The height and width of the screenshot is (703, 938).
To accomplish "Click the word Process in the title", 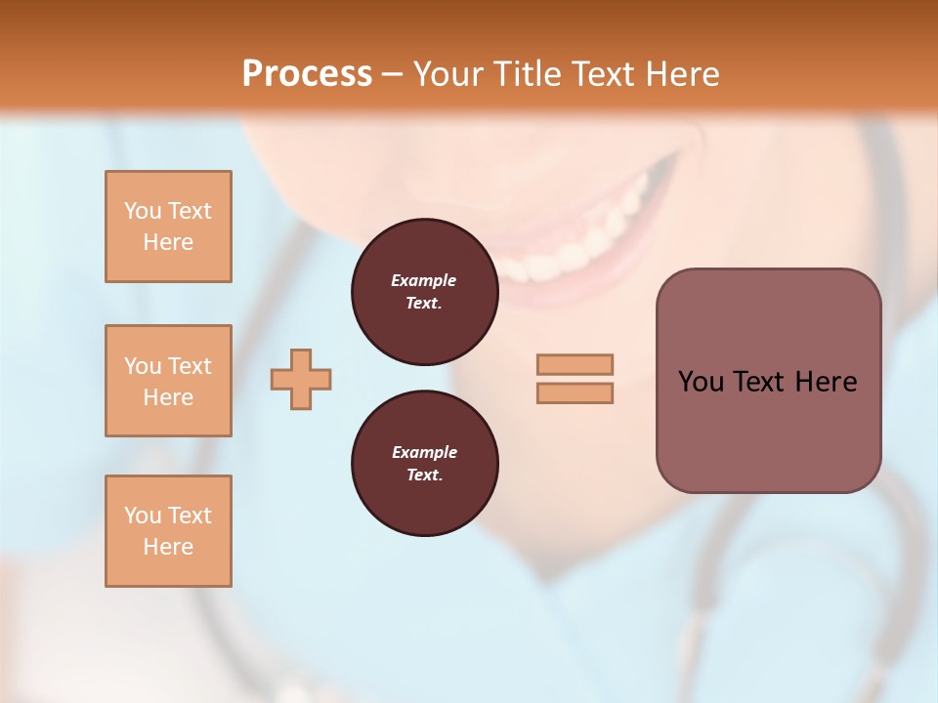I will coord(307,74).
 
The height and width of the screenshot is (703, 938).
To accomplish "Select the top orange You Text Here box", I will coord(168,227).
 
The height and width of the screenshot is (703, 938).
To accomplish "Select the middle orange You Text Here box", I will coord(168,381).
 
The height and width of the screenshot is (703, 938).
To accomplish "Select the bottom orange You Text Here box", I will coord(168,531).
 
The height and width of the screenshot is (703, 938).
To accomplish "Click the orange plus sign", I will coord(301,380).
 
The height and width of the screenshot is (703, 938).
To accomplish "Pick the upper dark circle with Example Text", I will coord(424,292).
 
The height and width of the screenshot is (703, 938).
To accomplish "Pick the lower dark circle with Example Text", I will coord(424,464).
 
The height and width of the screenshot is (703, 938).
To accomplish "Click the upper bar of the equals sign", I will coord(575,364).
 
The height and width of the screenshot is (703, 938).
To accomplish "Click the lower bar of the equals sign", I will coord(575,393).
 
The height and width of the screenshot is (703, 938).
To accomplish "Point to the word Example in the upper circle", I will coord(424,280).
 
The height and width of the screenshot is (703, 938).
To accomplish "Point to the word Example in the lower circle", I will coord(424,452).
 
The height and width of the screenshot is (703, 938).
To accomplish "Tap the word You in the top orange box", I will coord(143,211).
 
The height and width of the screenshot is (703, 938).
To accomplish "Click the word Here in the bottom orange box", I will coord(168,547).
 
